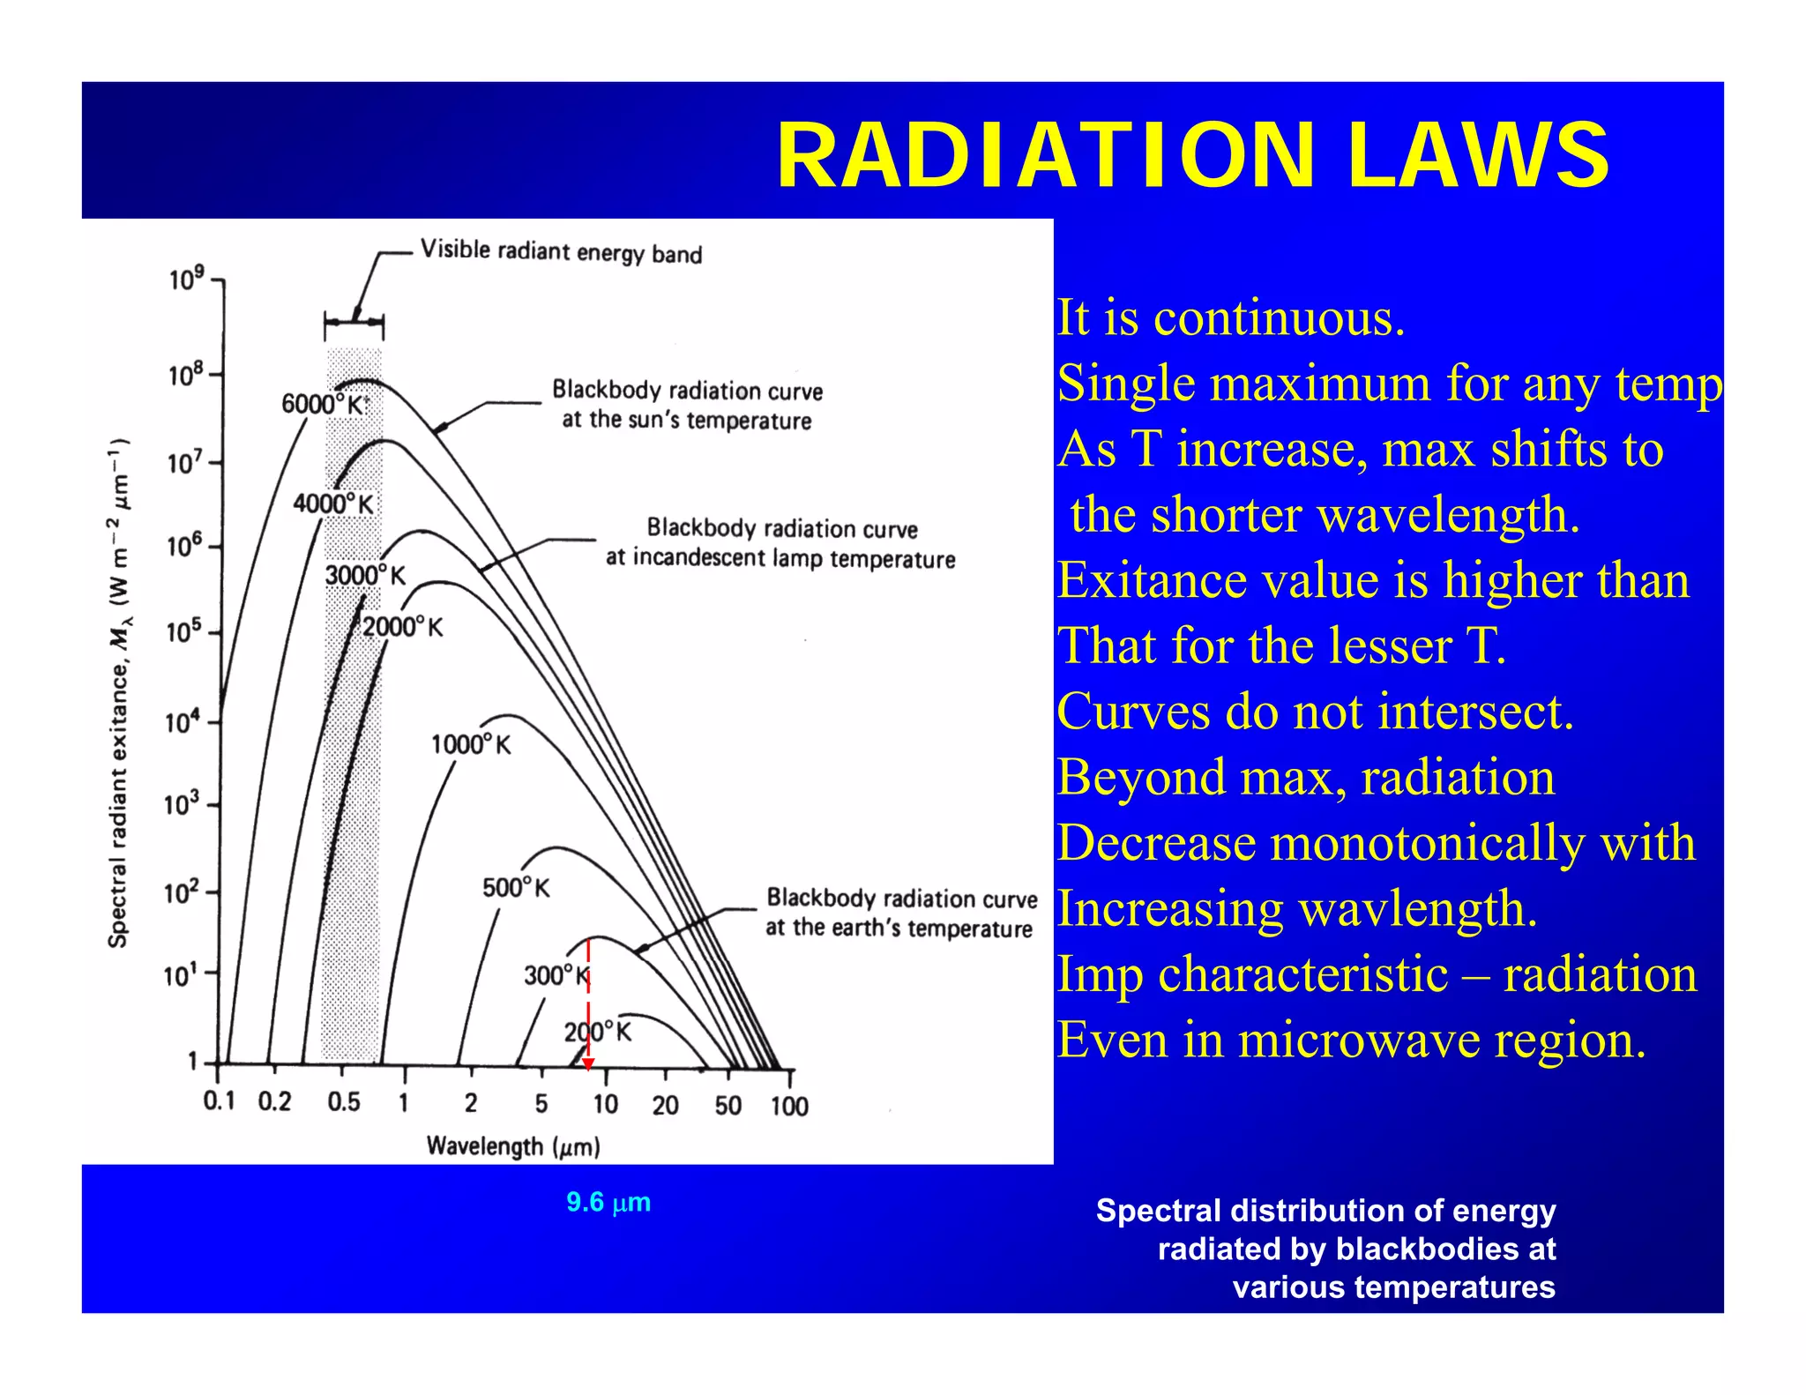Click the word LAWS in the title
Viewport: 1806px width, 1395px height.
(1478, 156)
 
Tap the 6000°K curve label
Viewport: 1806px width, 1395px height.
(323, 404)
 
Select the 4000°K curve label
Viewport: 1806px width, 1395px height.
(333, 504)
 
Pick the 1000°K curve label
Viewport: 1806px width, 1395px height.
(470, 744)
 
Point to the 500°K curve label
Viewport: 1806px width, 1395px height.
(516, 887)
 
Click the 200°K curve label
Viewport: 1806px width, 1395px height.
(598, 1032)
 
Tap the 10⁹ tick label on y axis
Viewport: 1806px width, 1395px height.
(186, 280)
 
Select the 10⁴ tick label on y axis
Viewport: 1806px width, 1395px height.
(183, 722)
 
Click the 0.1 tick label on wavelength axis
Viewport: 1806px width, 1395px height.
(219, 1101)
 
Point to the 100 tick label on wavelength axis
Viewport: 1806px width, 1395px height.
(789, 1106)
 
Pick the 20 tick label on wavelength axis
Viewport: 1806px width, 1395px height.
(665, 1106)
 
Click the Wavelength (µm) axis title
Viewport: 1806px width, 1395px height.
(513, 1146)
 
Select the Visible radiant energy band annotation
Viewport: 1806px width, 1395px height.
(561, 252)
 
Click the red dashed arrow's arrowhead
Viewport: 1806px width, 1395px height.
(588, 1064)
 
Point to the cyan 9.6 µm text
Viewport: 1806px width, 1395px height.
(608, 1202)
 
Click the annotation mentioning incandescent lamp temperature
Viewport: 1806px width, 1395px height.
(780, 543)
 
